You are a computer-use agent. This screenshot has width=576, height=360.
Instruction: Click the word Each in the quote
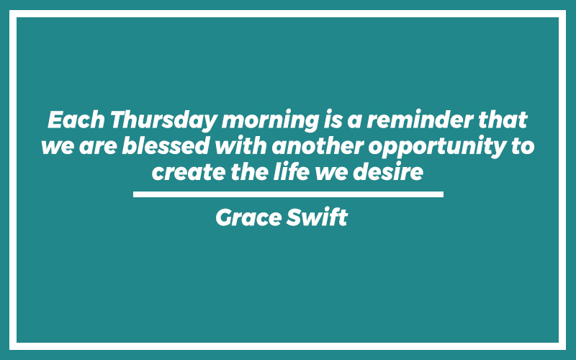[x=76, y=120]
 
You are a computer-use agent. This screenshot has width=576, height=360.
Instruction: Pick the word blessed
[x=166, y=145]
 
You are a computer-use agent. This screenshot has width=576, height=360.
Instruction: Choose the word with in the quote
[x=240, y=145]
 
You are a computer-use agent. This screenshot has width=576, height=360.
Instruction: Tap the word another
[x=318, y=145]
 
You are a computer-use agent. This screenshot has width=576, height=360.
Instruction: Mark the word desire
[x=388, y=171]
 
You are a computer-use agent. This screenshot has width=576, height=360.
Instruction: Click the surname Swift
[x=317, y=217]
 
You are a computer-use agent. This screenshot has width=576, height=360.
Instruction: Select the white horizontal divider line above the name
[x=289, y=194]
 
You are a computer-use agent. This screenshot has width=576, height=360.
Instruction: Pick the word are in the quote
[x=98, y=147]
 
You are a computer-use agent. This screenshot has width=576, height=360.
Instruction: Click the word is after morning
[x=333, y=120]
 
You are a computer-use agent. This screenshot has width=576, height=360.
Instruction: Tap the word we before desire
[x=331, y=173]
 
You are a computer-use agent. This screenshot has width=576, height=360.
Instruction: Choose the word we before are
[x=58, y=147]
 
